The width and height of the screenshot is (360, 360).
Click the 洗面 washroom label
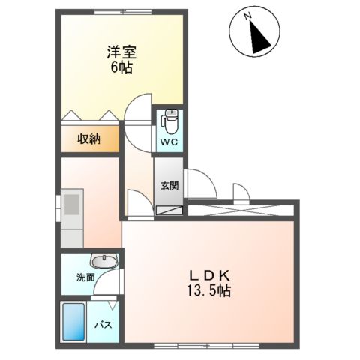(x=84, y=277)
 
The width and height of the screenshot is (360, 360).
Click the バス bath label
(x=103, y=325)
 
